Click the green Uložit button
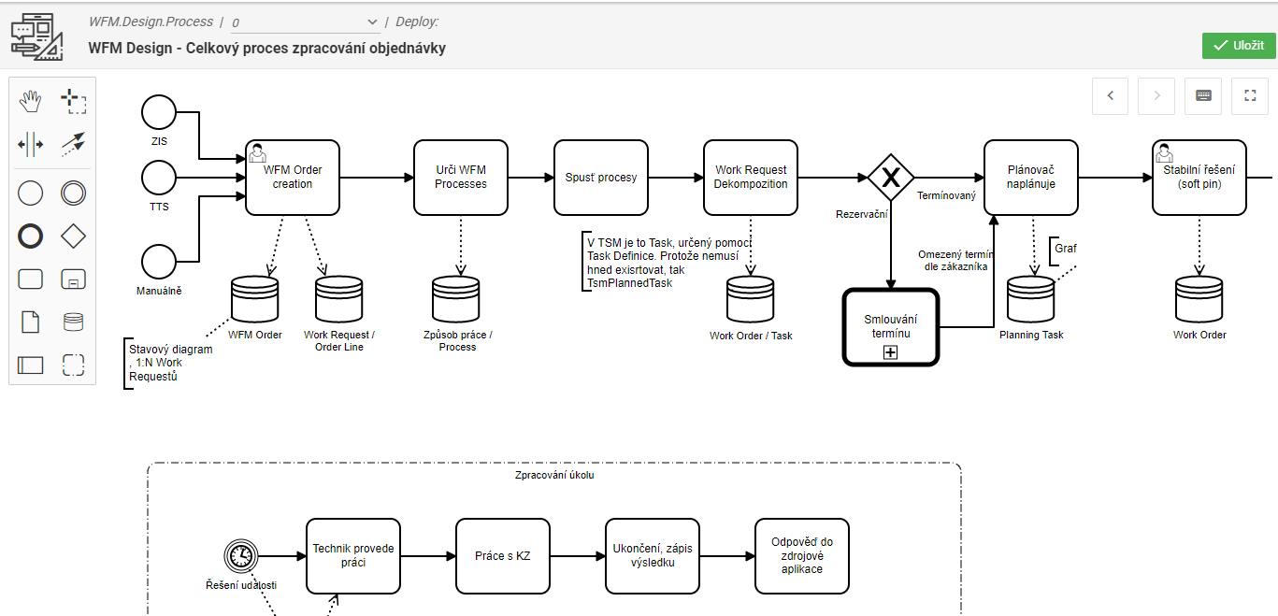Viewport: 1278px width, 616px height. coord(1238,46)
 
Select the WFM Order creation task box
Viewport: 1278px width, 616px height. coord(293,178)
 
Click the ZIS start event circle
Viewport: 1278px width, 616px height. coord(159,112)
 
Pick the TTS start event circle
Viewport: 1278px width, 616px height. coord(159,178)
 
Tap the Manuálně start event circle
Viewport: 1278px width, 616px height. coord(159,262)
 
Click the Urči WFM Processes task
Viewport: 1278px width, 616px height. coord(461,178)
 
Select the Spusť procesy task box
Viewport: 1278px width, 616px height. coord(601,178)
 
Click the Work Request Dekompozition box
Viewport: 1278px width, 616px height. coord(751,178)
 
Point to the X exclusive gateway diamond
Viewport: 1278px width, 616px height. coord(890,178)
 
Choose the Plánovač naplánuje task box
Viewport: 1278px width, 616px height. coord(1031,178)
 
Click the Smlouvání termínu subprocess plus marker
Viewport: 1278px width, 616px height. coord(890,352)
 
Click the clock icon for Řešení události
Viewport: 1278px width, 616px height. coord(241,556)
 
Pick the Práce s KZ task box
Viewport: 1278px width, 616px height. coord(503,556)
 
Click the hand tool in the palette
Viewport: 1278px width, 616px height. coord(31,99)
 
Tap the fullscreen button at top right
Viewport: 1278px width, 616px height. coord(1250,95)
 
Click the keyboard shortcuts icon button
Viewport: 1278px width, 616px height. coord(1203,95)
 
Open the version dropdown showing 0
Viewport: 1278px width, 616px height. coord(305,21)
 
